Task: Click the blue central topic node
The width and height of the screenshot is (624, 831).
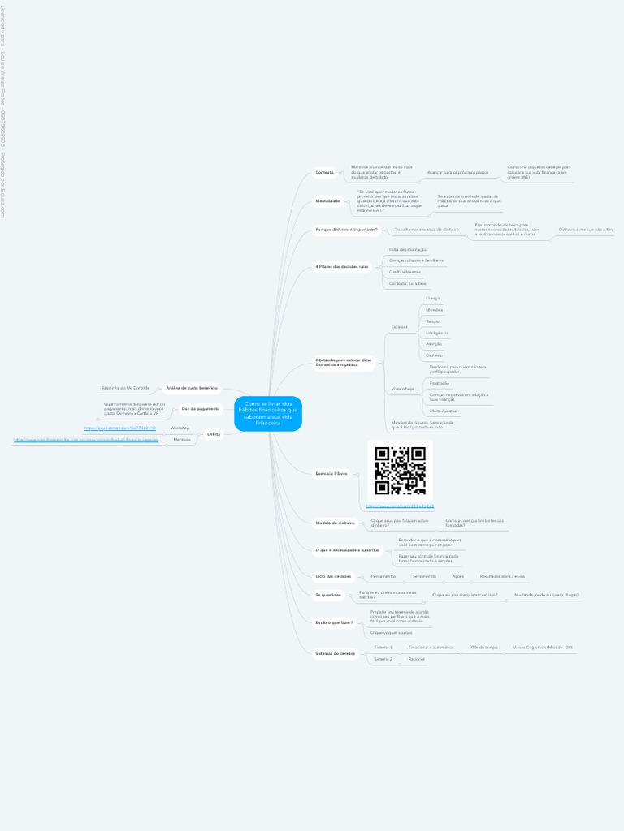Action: (267, 413)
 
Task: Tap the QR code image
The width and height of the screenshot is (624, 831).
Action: (400, 471)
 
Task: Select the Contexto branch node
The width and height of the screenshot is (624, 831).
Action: (324, 172)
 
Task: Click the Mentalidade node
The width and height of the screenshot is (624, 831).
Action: (327, 200)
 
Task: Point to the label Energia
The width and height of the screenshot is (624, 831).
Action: (433, 298)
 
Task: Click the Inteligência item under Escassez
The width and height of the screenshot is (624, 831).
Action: (437, 333)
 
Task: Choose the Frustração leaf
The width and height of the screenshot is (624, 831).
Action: (440, 383)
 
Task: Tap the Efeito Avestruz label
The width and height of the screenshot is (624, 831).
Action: (444, 411)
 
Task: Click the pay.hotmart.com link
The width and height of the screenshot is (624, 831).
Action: (120, 428)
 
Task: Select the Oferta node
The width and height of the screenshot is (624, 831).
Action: (214, 434)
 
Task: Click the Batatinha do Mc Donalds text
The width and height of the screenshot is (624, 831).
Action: (125, 388)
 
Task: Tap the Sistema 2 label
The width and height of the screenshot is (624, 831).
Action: (383, 659)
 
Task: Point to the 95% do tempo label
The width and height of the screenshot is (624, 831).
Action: (483, 647)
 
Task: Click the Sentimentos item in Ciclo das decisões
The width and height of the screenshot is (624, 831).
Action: (424, 576)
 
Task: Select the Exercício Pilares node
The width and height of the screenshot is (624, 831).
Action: (331, 472)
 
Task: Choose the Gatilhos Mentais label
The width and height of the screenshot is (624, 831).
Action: (405, 272)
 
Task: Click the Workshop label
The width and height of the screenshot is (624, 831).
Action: (180, 428)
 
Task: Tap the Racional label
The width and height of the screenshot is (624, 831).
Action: (417, 659)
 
